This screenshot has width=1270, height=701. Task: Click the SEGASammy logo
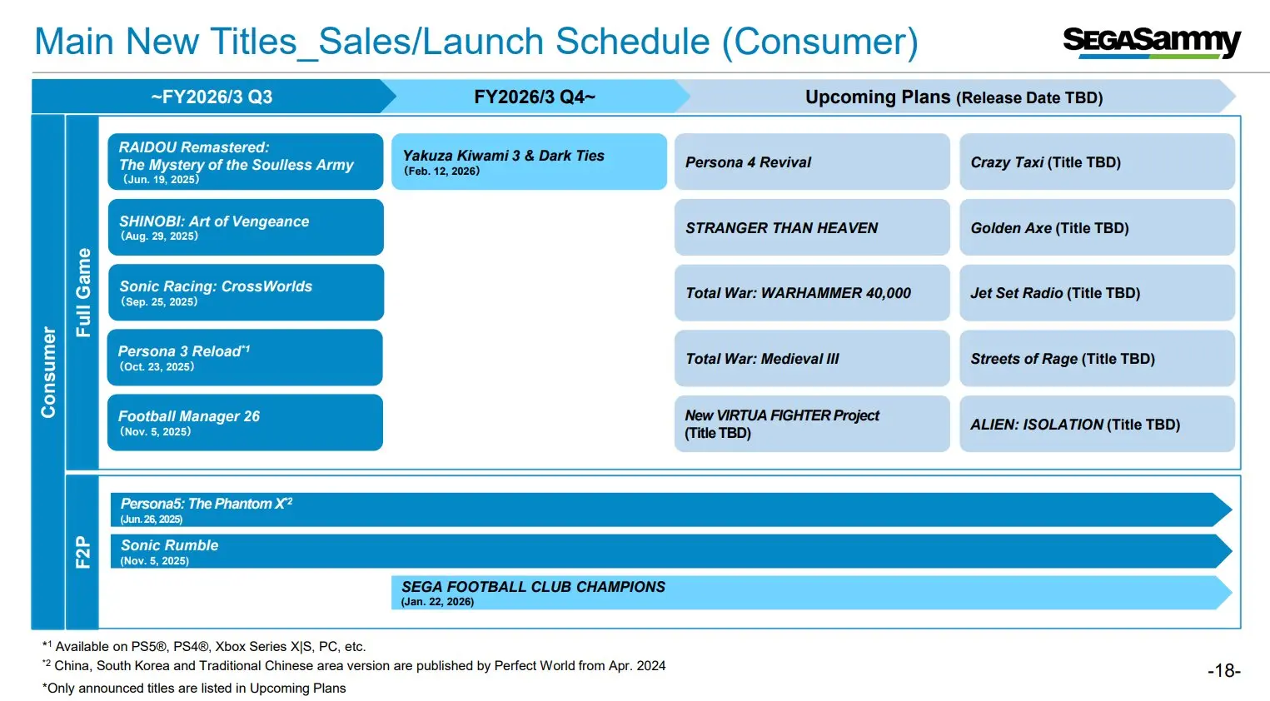tap(1151, 42)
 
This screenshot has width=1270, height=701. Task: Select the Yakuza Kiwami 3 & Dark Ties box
tap(529, 162)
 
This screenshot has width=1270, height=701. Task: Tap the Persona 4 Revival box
tap(811, 162)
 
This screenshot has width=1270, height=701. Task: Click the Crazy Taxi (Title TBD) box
tap(1096, 162)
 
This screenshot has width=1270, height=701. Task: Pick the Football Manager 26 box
tap(245, 423)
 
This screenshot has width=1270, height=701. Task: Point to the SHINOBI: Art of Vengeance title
tap(214, 221)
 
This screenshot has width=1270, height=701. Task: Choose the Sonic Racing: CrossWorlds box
tap(245, 292)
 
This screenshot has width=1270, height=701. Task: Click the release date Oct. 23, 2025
tap(157, 367)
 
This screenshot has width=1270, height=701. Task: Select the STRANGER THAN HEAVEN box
tap(811, 227)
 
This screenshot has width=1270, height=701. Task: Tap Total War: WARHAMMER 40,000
tap(798, 293)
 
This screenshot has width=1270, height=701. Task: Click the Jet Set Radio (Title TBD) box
tap(1096, 293)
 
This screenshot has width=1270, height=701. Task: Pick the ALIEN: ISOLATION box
tap(1096, 424)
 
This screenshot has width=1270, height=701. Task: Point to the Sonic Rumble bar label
tap(169, 545)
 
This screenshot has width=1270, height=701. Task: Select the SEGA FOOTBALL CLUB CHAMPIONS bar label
tap(533, 587)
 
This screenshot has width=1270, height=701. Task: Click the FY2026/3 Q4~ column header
tap(535, 97)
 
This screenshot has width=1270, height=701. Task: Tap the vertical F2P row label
tap(82, 552)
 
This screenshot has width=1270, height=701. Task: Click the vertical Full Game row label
tap(82, 292)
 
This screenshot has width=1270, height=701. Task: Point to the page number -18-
tap(1223, 671)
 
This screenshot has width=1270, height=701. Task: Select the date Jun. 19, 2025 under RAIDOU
tap(161, 180)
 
